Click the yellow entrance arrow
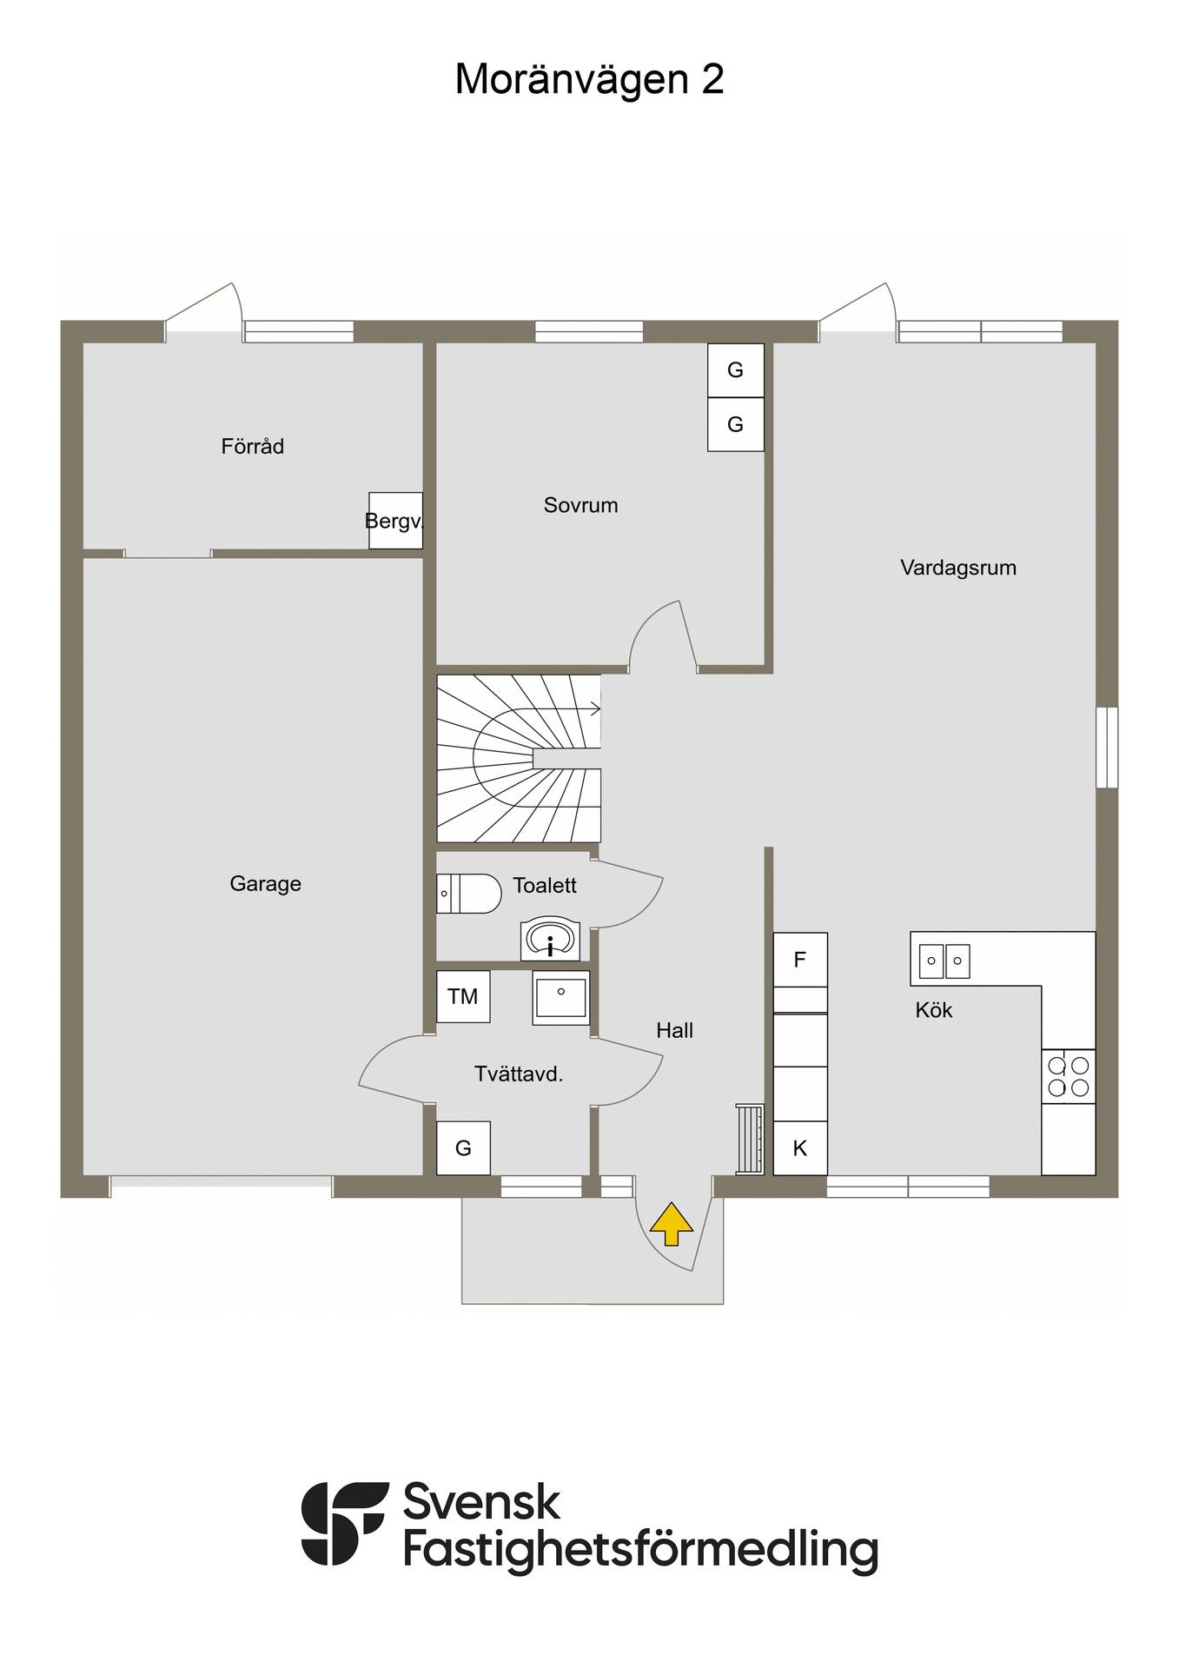(x=672, y=1224)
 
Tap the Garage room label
(x=265, y=884)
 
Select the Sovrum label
(x=580, y=505)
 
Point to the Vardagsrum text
(x=957, y=568)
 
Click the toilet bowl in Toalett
(x=469, y=894)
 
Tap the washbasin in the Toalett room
(x=550, y=940)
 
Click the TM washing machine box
(x=463, y=996)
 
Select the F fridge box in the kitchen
(x=800, y=960)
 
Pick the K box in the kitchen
(x=800, y=1148)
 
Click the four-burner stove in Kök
(x=1069, y=1077)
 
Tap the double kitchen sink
(x=944, y=961)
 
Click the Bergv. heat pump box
(x=395, y=521)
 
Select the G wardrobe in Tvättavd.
(x=463, y=1148)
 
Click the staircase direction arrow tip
(x=600, y=709)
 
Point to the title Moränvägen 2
(x=589, y=79)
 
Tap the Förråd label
(x=253, y=446)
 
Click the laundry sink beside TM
(x=561, y=997)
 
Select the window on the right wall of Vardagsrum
(x=1107, y=748)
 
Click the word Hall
(x=674, y=1030)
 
